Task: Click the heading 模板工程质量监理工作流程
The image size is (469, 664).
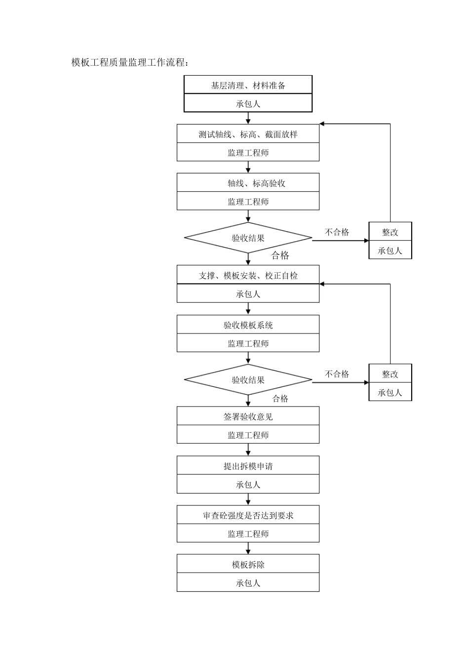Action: [130, 62]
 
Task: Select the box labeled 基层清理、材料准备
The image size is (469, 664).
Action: [248, 85]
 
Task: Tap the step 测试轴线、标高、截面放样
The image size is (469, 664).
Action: [248, 134]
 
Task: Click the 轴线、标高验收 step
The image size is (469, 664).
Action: [248, 183]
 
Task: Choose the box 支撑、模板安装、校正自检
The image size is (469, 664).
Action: [248, 275]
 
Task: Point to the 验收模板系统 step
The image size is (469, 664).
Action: [248, 325]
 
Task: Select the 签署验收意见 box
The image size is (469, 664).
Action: [248, 416]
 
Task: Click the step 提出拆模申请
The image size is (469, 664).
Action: [248, 466]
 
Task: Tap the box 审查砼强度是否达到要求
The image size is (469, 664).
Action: [248, 515]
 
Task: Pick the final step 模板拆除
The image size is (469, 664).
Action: [248, 564]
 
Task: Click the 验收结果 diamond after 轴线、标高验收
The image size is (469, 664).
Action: [248, 238]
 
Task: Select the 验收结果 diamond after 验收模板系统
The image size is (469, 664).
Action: [248, 380]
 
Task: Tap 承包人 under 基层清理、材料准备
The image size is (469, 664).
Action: [248, 104]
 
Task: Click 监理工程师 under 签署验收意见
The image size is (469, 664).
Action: [248, 435]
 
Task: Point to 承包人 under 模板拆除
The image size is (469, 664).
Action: [248, 583]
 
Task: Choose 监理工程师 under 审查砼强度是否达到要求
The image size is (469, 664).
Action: [248, 534]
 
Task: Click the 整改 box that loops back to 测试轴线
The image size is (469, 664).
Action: [390, 232]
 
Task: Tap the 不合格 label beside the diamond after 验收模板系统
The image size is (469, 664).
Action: [337, 374]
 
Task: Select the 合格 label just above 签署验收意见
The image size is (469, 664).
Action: [280, 398]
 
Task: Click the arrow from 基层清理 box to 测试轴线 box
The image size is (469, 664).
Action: [248, 118]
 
